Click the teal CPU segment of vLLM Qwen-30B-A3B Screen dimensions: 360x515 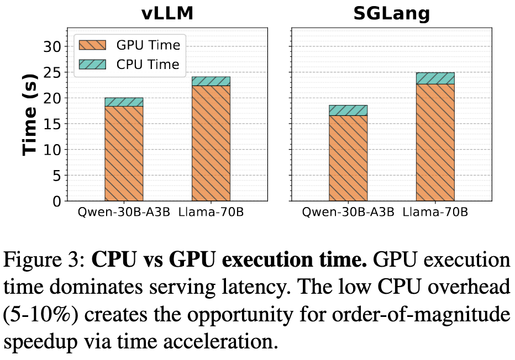pos(124,102)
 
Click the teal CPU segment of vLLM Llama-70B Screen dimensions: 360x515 pos(211,81)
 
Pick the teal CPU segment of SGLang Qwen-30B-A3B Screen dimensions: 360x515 pos(348,110)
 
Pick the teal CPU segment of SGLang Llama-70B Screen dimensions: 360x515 pos(435,78)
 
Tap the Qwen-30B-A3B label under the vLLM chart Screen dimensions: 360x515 pos(124,213)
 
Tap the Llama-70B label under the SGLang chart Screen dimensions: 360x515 pos(435,213)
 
